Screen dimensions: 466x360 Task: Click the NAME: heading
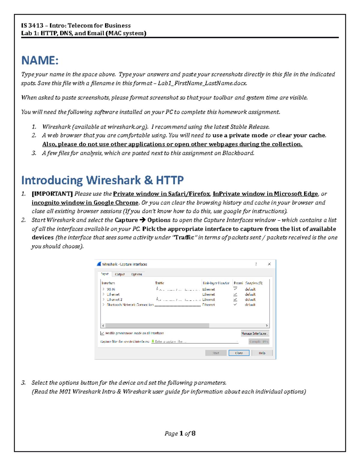[40, 61]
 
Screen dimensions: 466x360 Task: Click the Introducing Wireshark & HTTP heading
[102, 180]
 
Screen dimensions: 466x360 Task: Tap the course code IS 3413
[32, 26]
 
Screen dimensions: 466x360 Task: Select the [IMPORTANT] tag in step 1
[52, 194]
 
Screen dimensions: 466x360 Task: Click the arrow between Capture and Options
[142, 220]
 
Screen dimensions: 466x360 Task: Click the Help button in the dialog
[262, 353]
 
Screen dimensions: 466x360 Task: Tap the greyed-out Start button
[216, 353]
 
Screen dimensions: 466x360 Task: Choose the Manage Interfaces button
[254, 333]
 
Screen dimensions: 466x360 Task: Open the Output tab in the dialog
[120, 274]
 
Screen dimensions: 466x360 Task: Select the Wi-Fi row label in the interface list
[111, 289]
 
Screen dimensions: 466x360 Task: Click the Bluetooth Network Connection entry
[130, 305]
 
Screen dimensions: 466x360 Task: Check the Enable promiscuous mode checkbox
[102, 333]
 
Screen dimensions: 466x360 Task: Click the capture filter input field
[195, 341]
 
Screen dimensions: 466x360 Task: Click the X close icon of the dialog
[269, 264]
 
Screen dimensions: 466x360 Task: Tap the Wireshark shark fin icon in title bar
[99, 264]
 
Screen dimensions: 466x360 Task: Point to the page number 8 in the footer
[193, 433]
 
